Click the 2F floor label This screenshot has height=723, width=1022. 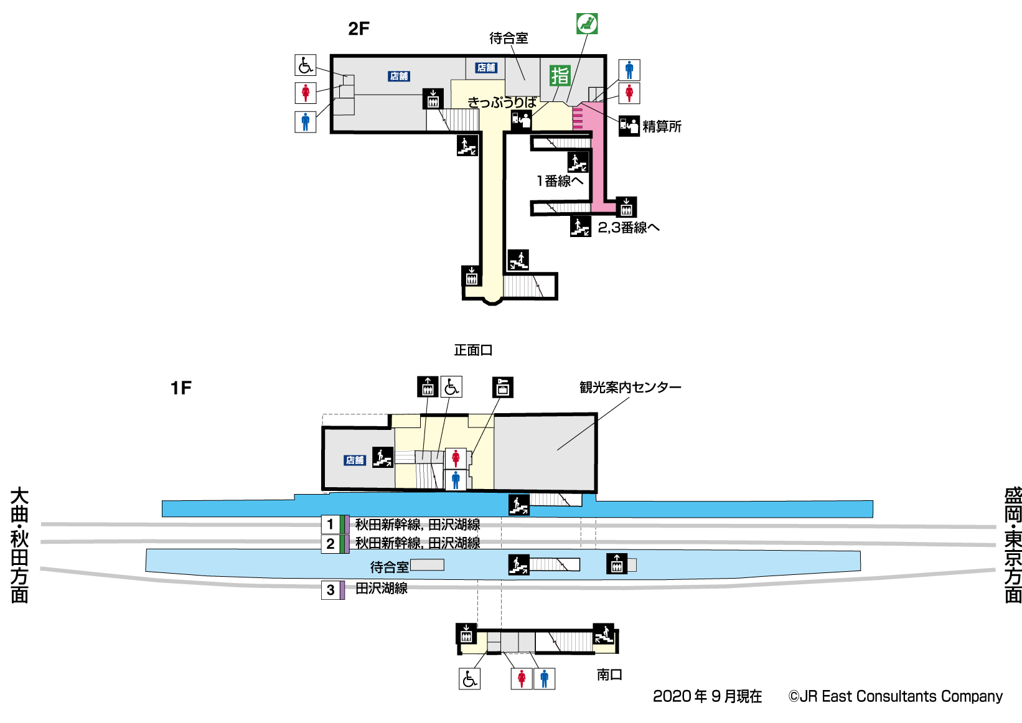(x=359, y=29)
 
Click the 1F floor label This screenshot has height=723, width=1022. (x=180, y=388)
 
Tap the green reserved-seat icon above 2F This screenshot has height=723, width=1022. (x=586, y=24)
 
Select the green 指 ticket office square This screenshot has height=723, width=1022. (x=560, y=75)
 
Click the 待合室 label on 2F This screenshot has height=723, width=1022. (x=509, y=39)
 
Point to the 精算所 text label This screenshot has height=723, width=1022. (x=662, y=127)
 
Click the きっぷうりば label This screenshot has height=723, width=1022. (x=502, y=103)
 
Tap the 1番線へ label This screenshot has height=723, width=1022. (x=560, y=181)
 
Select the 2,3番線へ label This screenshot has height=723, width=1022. (x=628, y=228)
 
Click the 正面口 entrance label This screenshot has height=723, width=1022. (x=473, y=350)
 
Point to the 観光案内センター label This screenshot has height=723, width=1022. (x=630, y=388)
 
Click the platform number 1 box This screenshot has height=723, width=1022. (x=331, y=525)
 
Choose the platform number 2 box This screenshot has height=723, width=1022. (x=331, y=544)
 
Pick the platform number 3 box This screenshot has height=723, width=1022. (x=331, y=590)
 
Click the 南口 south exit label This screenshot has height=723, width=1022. (x=609, y=674)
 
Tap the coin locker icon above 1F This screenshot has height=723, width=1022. (x=502, y=387)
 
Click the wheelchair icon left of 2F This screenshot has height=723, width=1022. (x=305, y=65)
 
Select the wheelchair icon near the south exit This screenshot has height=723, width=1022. (x=470, y=678)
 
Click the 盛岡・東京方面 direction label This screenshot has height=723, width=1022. (x=1013, y=545)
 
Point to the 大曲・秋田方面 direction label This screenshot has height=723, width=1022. (x=19, y=545)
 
